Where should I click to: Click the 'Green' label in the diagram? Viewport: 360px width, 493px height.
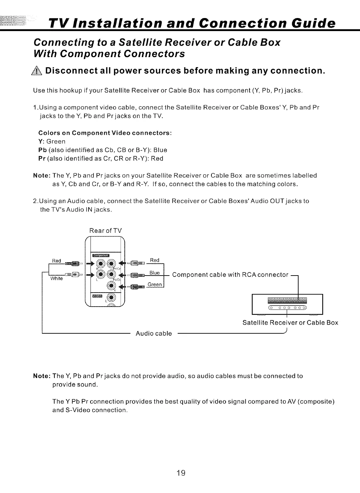[155, 285]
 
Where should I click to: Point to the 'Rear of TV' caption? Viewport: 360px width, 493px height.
[106, 231]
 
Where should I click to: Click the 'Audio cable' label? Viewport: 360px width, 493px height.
[154, 333]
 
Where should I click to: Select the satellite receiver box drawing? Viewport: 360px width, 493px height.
[287, 304]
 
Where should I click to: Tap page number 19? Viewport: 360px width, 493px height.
[181, 473]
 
